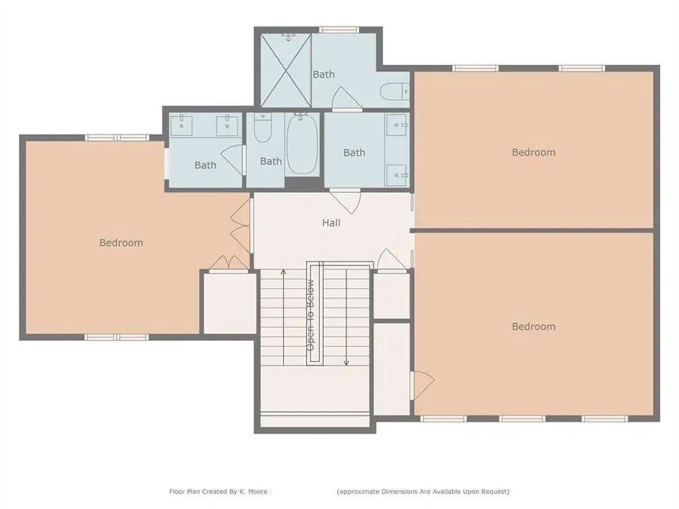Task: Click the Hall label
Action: [331, 222]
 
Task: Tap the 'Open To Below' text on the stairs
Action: [310, 315]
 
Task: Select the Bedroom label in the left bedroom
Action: [121, 243]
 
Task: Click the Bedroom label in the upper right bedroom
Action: [533, 152]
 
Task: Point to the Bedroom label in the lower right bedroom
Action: [533, 327]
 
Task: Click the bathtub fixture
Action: [303, 145]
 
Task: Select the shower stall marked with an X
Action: [285, 69]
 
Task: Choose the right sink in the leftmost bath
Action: [226, 127]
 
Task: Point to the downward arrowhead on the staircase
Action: [346, 363]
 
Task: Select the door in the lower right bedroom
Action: [422, 384]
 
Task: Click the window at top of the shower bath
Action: [337, 30]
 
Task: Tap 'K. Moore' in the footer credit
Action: [253, 492]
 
